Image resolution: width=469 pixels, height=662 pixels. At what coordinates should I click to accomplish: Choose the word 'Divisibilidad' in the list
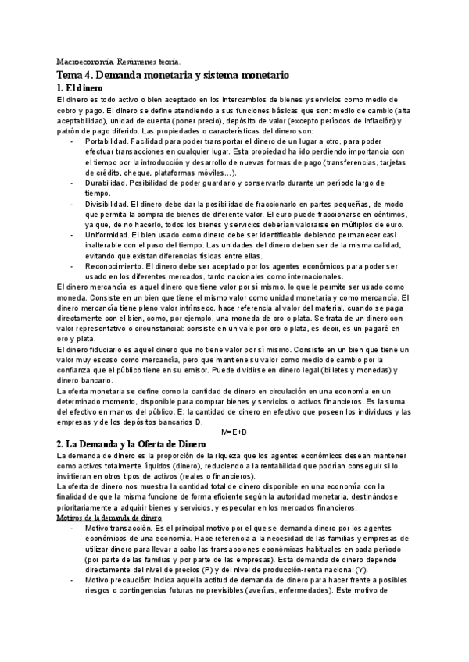click(x=109, y=202)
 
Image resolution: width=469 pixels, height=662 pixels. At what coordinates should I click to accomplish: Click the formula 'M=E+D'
click(x=234, y=431)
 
